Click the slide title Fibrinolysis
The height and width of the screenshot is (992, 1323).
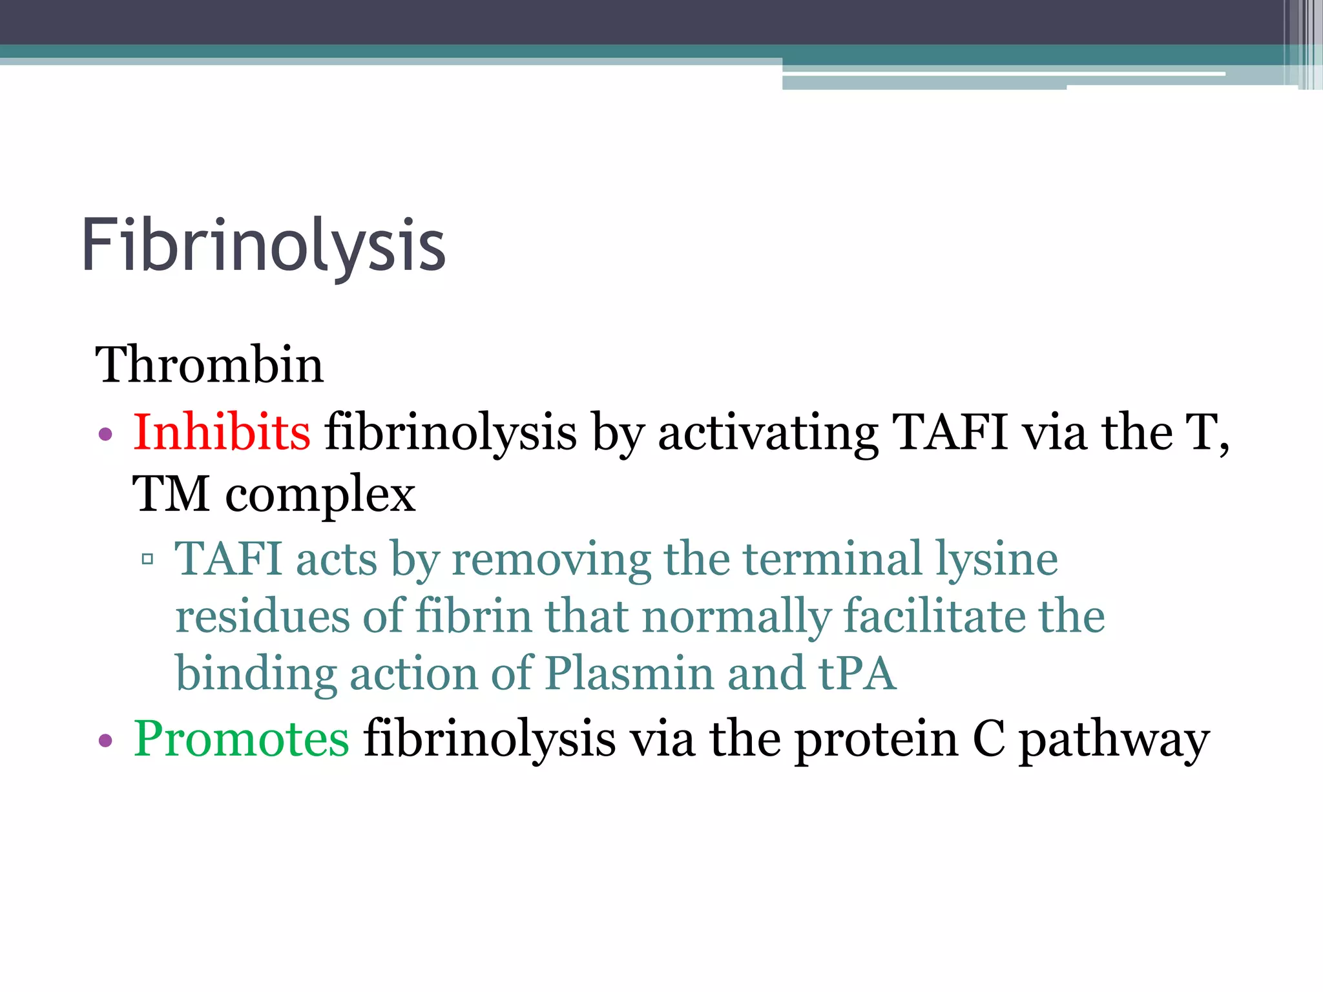(264, 246)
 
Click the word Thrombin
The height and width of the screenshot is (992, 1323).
(209, 365)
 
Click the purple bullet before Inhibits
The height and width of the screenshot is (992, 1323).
(105, 435)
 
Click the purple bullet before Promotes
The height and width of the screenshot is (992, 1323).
(105, 741)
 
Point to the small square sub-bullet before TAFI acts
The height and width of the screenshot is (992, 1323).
(147, 559)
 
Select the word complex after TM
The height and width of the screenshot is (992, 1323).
(320, 495)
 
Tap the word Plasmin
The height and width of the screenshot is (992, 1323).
(629, 674)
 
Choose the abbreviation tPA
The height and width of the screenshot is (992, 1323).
(857, 674)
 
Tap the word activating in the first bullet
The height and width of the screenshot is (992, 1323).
(767, 433)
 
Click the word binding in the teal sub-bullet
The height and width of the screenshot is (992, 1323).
(256, 674)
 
